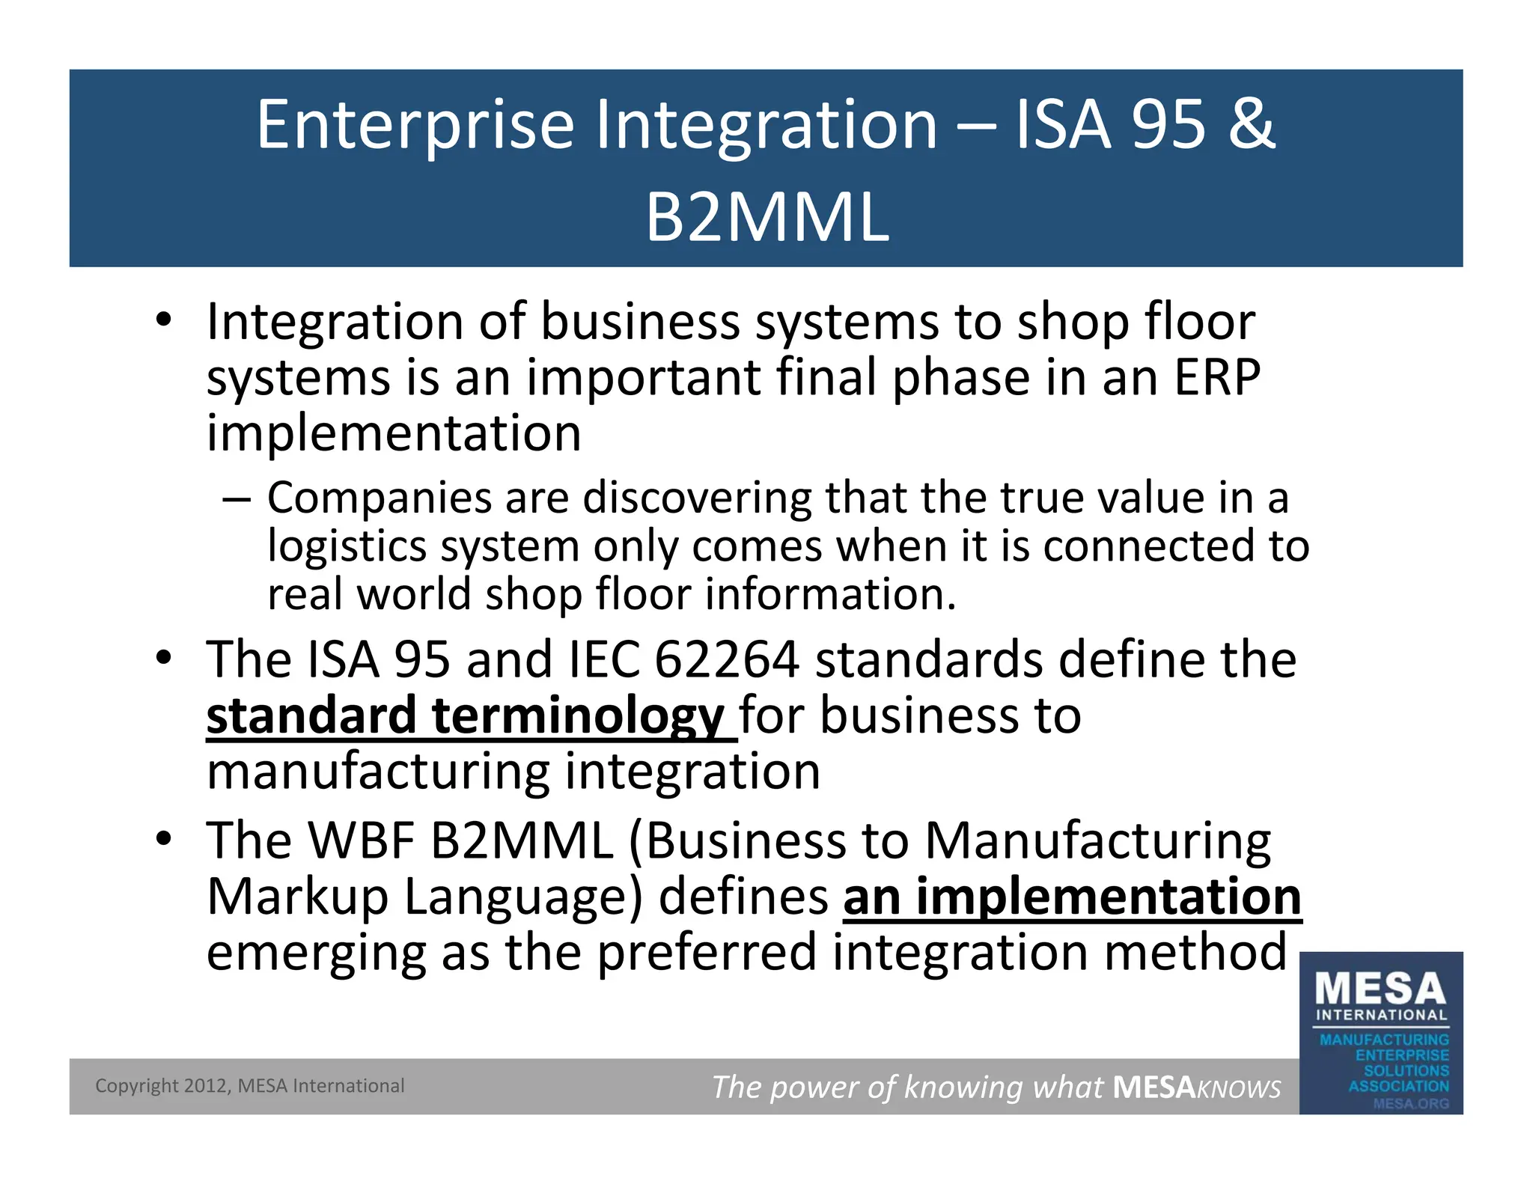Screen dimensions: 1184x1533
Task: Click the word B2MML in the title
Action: [x=767, y=218]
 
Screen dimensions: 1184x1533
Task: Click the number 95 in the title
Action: [x=1168, y=124]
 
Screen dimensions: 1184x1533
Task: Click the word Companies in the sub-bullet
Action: [x=380, y=498]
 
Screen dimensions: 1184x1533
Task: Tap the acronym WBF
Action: [x=362, y=840]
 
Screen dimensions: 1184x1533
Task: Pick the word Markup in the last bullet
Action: [x=297, y=897]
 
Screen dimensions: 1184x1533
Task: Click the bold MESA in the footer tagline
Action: [x=1153, y=1087]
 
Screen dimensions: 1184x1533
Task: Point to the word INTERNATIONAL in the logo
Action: [x=1382, y=1016]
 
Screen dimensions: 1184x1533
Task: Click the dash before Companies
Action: [x=236, y=498]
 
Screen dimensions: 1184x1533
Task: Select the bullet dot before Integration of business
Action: [x=164, y=321]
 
